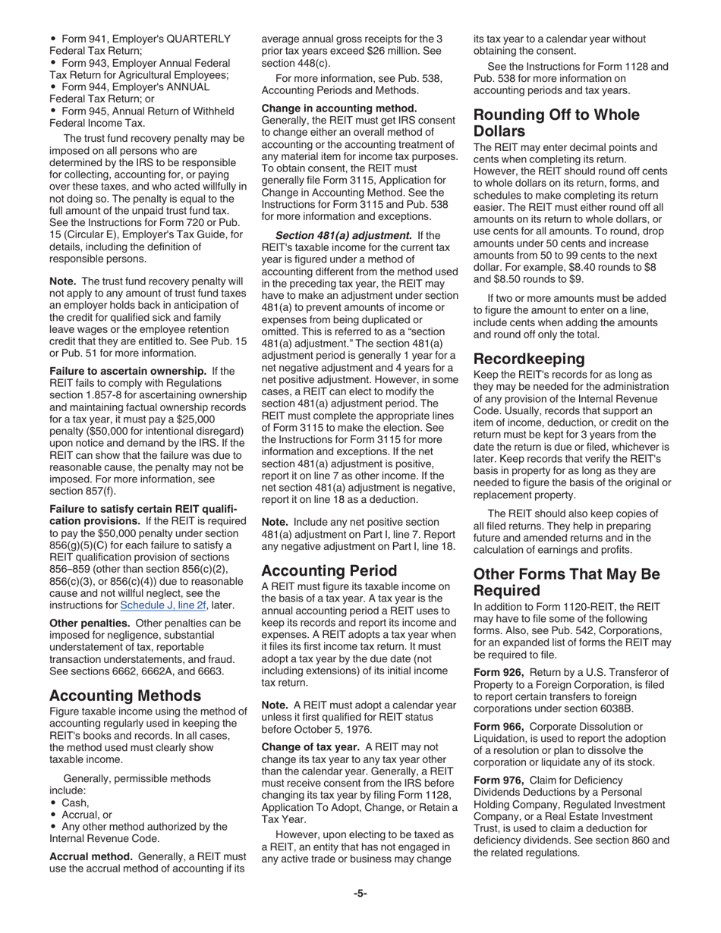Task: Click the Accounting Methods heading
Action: pos(125,696)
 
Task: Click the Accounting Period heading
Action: pos(329,570)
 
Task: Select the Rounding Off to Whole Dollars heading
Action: pos(556,124)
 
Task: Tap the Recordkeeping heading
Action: pos(529,358)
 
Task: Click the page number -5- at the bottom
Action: pos(360,894)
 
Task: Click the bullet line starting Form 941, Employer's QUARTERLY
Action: pos(144,39)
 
